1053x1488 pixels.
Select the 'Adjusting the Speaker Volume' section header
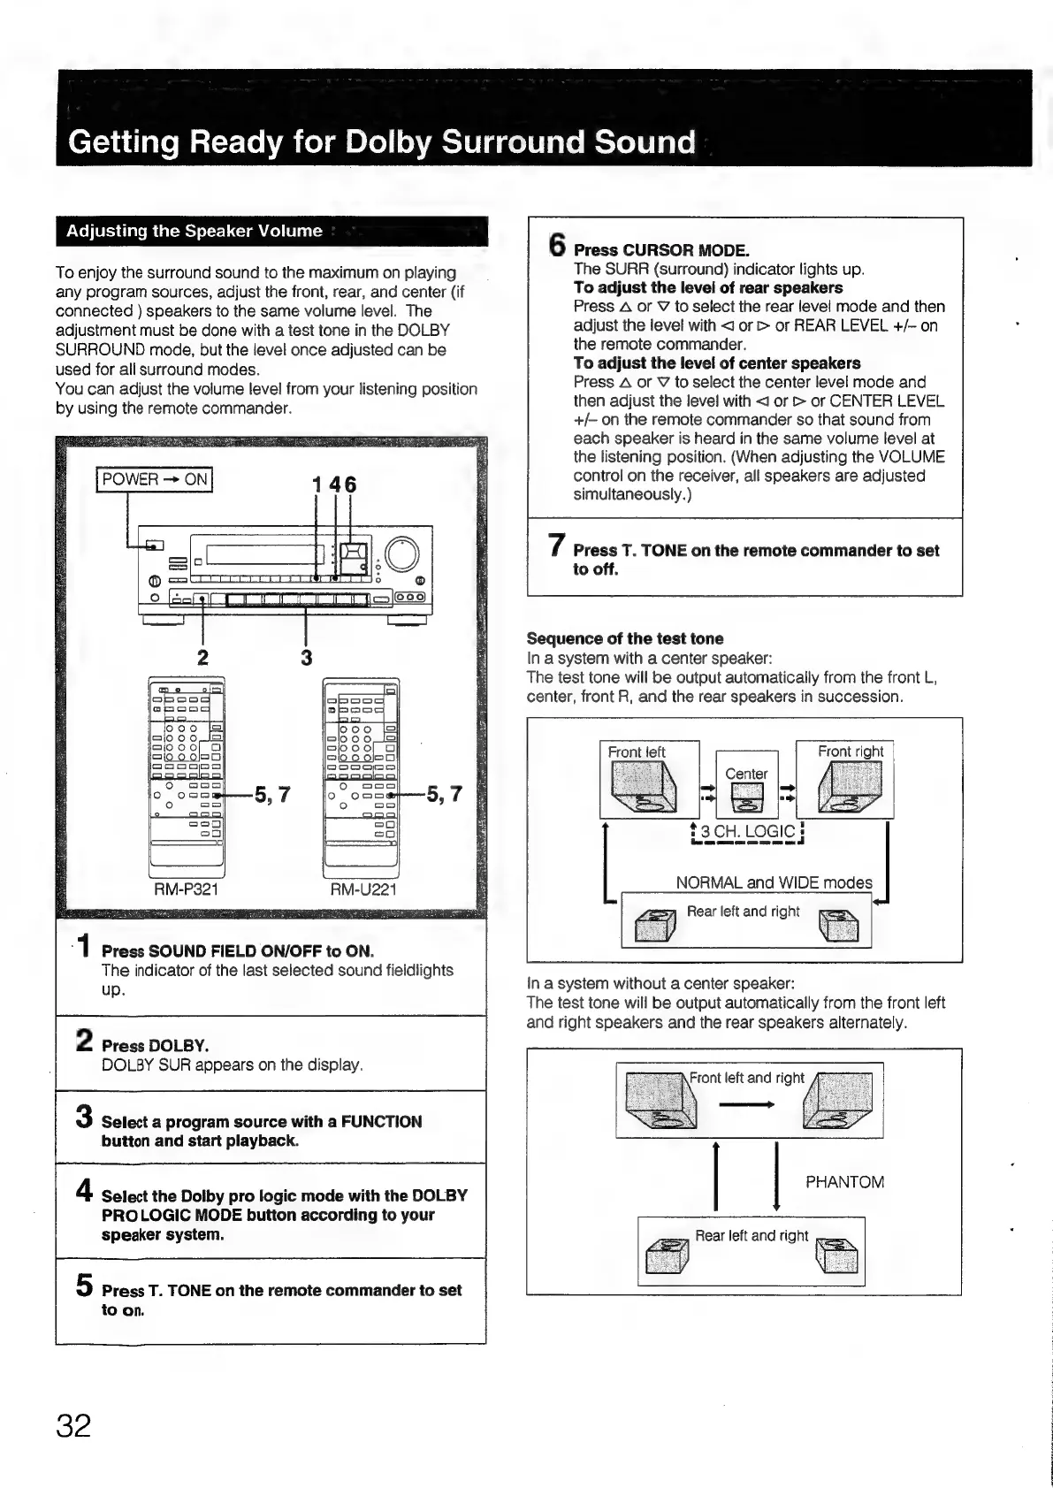tap(195, 232)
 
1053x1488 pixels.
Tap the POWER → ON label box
tap(155, 480)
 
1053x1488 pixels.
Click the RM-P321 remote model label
tap(186, 889)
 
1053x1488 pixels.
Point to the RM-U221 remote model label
tap(362, 889)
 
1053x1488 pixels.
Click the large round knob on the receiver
tap(401, 554)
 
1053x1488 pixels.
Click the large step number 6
tap(556, 244)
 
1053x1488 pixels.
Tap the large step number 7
tap(556, 546)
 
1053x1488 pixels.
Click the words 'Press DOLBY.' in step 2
tap(156, 1046)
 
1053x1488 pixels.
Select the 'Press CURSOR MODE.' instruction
tap(661, 250)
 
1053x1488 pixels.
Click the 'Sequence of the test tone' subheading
tap(624, 638)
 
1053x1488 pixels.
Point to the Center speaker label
tap(746, 774)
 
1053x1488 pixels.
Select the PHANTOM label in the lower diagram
tap(844, 1182)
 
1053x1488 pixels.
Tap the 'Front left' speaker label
tap(637, 752)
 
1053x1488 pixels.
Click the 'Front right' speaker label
tap(850, 752)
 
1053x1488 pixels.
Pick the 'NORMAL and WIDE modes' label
tap(774, 882)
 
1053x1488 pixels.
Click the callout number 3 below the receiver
tap(306, 657)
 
